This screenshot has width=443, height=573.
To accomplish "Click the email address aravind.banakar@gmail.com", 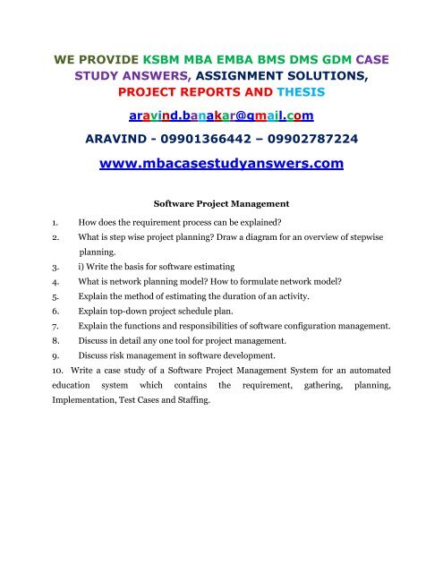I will pyautogui.click(x=221, y=116).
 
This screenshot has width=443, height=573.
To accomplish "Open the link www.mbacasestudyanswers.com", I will pyautogui.click(x=221, y=164).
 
